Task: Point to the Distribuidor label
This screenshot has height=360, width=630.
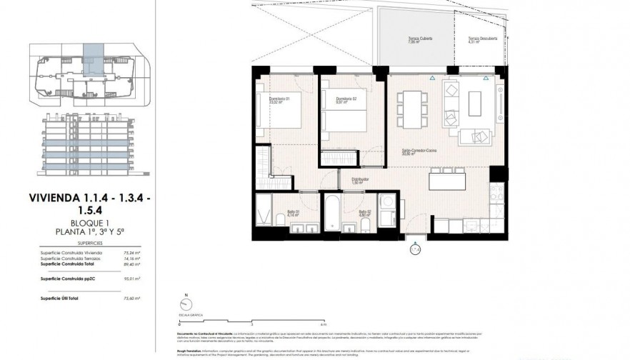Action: pyautogui.click(x=359, y=180)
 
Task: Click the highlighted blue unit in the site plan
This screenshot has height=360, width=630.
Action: pyautogui.click(x=94, y=54)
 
